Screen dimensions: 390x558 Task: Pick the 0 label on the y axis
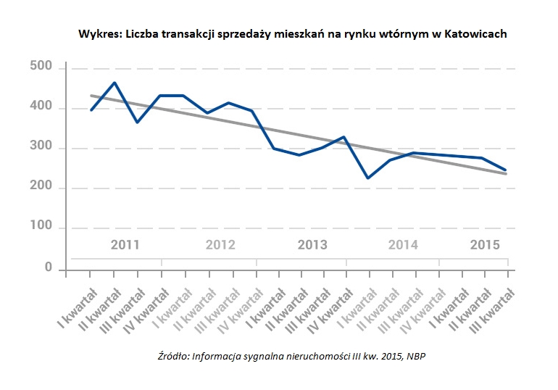coord(49,267)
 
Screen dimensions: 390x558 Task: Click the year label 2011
coord(125,244)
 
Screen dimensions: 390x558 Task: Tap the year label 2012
coord(220,244)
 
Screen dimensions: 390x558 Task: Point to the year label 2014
coord(403,244)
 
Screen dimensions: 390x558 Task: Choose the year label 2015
coord(485,244)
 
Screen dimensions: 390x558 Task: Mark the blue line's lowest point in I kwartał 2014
coord(367,178)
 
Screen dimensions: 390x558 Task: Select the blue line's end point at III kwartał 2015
coord(505,170)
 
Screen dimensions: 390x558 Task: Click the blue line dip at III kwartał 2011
coord(137,122)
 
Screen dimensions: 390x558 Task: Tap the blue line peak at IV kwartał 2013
coord(344,136)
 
